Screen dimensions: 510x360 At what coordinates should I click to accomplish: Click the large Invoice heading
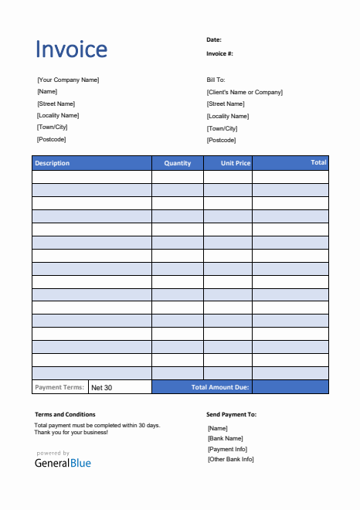(x=72, y=49)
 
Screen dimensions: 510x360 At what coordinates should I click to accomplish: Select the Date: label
(x=214, y=39)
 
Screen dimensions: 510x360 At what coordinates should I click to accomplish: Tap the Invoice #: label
(x=219, y=53)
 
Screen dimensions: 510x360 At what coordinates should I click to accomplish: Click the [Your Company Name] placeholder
(x=68, y=80)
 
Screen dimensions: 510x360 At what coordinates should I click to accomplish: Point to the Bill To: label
(x=216, y=80)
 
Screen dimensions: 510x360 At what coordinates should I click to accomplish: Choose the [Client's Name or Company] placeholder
(x=244, y=92)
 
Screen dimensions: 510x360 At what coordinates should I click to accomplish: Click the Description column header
(x=53, y=163)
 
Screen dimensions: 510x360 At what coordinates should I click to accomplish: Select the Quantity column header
(x=178, y=163)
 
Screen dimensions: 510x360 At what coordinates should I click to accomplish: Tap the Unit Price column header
(x=236, y=163)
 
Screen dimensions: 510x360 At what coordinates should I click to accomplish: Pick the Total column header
(x=318, y=162)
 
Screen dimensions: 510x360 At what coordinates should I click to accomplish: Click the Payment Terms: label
(x=59, y=386)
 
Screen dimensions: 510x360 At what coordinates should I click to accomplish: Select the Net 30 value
(x=101, y=387)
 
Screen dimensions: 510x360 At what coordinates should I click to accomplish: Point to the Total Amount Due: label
(x=220, y=386)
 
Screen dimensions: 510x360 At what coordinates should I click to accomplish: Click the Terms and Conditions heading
(x=65, y=414)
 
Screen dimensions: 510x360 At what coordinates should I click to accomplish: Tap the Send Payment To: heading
(x=231, y=414)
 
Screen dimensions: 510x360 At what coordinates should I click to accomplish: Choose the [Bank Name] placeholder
(x=226, y=438)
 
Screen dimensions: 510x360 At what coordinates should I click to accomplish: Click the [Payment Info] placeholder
(x=228, y=449)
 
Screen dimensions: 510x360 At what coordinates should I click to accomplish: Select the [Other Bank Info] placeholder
(x=231, y=459)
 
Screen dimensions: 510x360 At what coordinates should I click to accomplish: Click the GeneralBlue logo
(x=63, y=462)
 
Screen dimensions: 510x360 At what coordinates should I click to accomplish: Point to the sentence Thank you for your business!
(x=71, y=432)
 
